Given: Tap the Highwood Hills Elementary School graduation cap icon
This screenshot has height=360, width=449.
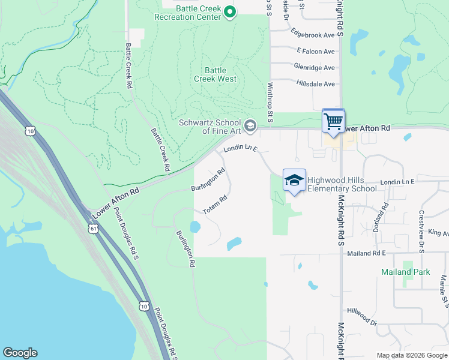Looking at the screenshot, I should [294, 181].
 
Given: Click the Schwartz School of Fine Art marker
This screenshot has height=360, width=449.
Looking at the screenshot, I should [251, 125].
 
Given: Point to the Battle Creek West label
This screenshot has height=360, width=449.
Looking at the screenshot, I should [215, 74].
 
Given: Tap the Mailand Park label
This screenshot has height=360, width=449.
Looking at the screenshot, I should [405, 272].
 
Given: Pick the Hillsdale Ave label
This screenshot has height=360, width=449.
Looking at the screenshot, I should [315, 84].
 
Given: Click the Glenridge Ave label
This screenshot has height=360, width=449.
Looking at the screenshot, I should [314, 68].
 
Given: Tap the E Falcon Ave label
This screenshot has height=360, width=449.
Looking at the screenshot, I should [315, 52].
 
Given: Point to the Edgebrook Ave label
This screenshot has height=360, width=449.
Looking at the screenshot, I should [312, 35].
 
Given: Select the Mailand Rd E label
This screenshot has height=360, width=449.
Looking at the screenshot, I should [366, 253].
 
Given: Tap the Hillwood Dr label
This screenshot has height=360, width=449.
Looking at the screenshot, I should [361, 317].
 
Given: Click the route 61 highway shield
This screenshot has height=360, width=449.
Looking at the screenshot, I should [92, 229].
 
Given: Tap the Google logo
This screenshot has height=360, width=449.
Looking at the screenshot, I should [20, 353].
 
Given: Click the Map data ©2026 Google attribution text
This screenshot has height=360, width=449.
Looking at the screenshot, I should [411, 355].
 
